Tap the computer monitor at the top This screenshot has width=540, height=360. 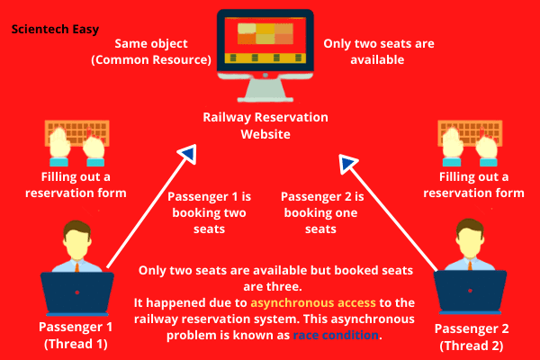[x=265, y=45]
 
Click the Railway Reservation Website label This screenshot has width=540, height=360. [x=265, y=126]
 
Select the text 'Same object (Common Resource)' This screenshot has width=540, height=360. [x=163, y=51]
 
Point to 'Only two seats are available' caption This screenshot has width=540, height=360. [x=366, y=51]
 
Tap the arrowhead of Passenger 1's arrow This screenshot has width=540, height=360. [x=187, y=155]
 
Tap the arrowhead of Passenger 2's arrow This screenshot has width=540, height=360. [x=348, y=163]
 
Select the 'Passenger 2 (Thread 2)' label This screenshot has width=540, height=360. [x=467, y=334]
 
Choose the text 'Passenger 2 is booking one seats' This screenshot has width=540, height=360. [x=321, y=212]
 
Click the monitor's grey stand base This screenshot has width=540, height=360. [x=265, y=97]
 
